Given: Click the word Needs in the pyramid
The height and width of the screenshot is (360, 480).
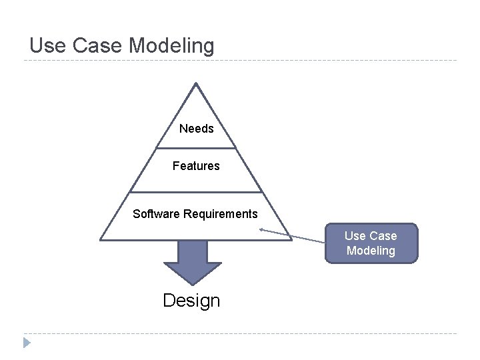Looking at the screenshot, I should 197,129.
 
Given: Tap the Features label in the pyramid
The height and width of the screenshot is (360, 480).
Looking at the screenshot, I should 196,165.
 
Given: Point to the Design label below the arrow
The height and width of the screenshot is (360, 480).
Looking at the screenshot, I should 191,301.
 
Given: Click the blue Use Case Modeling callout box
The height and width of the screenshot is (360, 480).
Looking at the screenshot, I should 371,243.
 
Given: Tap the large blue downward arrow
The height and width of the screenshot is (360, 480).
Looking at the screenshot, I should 193,261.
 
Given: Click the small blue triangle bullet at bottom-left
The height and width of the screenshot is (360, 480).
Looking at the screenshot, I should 27,343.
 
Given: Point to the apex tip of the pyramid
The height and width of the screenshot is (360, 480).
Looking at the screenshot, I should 195,83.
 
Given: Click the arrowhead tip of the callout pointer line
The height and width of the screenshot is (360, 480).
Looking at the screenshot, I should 261,229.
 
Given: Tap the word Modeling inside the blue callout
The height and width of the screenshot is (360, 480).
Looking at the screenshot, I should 371,251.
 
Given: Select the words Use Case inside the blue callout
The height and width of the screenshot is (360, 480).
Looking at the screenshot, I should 371,235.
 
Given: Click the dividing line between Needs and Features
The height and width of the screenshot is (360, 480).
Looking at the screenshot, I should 196,147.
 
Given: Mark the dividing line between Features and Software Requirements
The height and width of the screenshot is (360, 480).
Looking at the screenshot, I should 196,192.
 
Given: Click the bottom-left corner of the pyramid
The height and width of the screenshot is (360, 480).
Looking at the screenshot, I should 101,239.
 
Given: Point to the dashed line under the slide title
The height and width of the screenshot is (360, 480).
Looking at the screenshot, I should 240,61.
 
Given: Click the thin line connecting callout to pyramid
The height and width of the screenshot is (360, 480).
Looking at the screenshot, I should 293,236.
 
